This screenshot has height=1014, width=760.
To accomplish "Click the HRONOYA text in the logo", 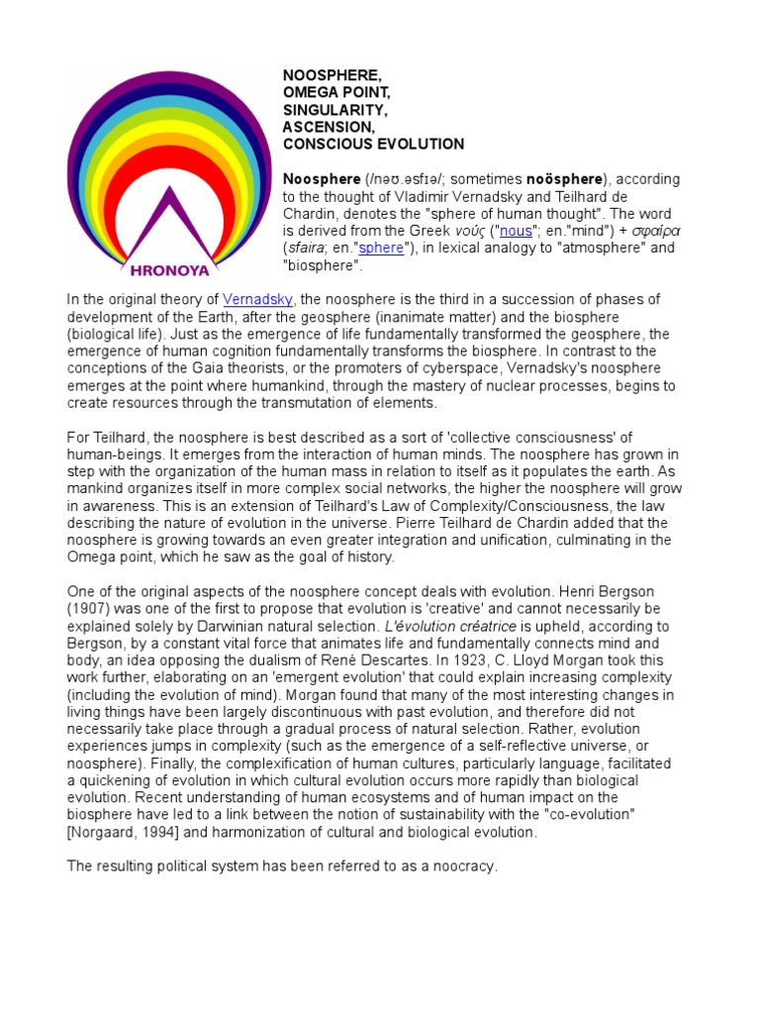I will [x=164, y=267].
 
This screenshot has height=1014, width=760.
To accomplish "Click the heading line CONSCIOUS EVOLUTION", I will [x=373, y=145].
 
